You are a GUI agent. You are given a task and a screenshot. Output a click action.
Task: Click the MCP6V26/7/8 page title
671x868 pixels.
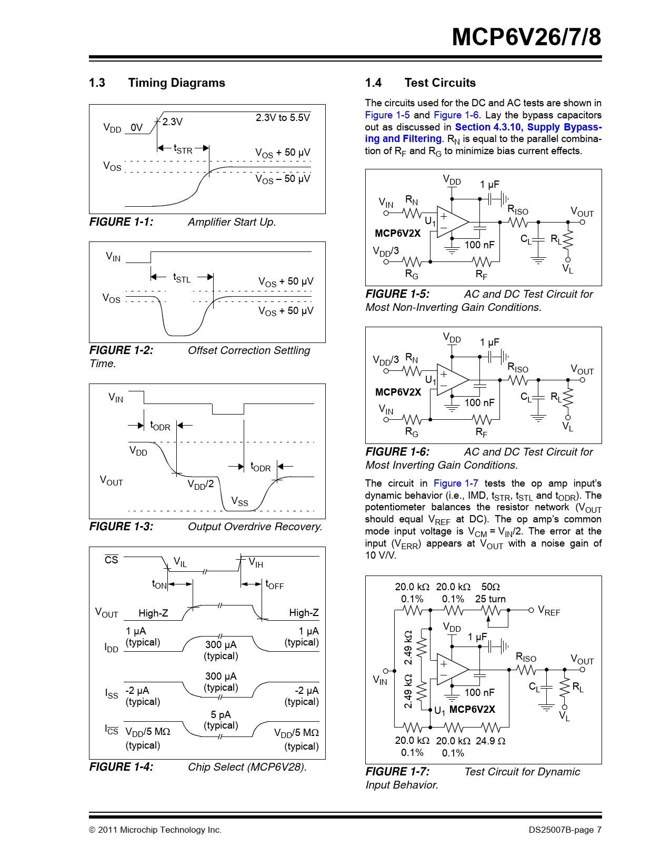tap(526, 37)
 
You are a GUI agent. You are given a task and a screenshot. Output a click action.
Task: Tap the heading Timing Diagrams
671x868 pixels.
tap(176, 83)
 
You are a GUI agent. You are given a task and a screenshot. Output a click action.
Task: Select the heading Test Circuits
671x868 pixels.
tap(440, 83)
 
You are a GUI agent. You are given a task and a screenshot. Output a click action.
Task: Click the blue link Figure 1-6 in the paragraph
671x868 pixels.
tap(456, 115)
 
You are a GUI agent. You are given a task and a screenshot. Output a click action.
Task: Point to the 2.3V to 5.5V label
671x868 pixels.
tap(283, 118)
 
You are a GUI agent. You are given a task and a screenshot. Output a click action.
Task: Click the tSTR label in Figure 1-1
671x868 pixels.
tap(183, 149)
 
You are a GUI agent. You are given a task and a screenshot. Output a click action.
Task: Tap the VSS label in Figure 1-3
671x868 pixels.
tap(239, 501)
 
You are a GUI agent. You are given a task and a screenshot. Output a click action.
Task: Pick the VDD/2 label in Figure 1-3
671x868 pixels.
tap(201, 485)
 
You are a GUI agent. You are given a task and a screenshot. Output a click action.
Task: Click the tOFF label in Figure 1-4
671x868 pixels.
tap(274, 584)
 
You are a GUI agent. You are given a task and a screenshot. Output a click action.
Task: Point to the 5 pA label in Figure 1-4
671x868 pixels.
tap(221, 714)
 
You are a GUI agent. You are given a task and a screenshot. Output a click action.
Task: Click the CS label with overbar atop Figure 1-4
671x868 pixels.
tap(112, 560)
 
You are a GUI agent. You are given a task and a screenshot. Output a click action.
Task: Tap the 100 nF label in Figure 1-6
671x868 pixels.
tap(479, 403)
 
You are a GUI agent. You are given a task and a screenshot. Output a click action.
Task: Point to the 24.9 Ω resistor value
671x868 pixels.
tap(490, 741)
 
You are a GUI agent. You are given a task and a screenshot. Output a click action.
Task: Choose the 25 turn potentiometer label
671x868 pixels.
tap(490, 599)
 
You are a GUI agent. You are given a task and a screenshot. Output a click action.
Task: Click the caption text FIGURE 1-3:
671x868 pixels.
tap(122, 527)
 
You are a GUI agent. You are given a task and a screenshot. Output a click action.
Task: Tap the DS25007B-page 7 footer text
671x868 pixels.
tap(565, 830)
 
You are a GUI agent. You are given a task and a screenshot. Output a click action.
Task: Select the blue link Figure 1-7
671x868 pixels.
tap(456, 483)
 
